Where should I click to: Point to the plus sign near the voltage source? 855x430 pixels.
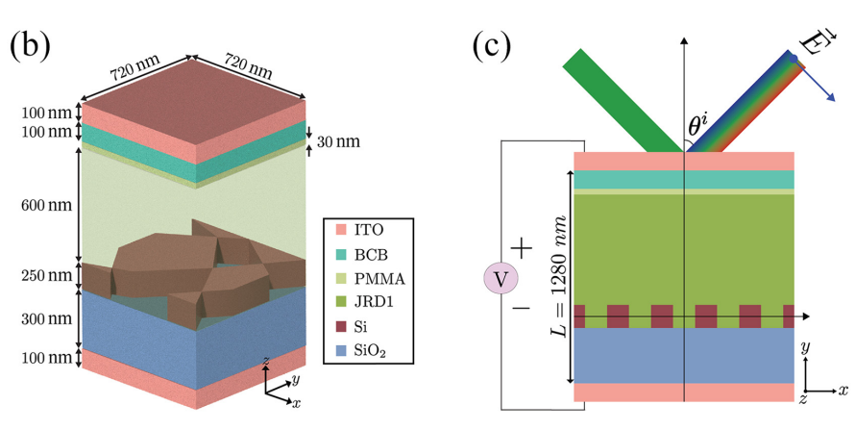point(522,247)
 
